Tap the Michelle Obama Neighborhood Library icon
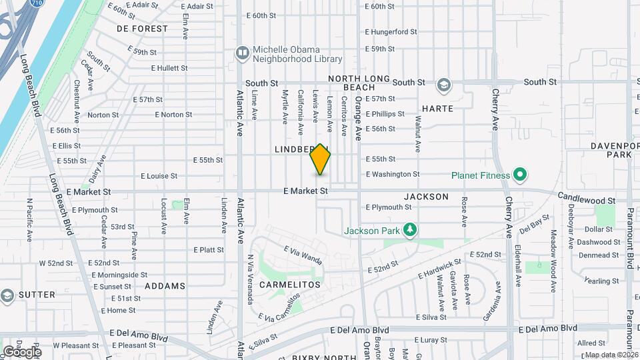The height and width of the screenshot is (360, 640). coord(241,52)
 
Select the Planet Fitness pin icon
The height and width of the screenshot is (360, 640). coord(519,176)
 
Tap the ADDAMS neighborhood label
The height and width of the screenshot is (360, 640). coord(165,286)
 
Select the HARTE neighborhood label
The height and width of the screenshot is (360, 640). coord(437,108)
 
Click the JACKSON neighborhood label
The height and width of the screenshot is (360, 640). coord(426,197)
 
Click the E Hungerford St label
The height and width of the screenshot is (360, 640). coord(391,31)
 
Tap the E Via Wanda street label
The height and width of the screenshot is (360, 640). coord(303,255)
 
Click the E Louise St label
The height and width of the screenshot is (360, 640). coord(159,176)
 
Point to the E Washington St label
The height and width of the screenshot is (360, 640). coord(393,174)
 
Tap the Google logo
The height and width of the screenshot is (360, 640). coord(22,351)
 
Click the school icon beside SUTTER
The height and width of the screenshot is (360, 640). coord(7,295)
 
